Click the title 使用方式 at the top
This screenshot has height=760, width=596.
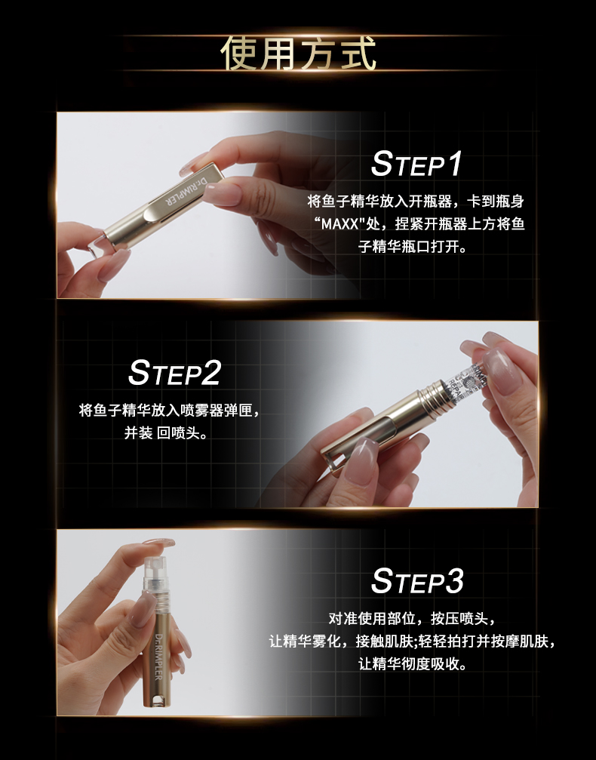pyautogui.click(x=299, y=53)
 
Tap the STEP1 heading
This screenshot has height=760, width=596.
pyautogui.click(x=416, y=163)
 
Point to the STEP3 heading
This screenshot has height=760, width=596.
pyautogui.click(x=417, y=580)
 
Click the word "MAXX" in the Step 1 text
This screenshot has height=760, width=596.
pyautogui.click(x=339, y=224)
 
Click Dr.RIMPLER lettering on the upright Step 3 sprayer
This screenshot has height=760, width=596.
pyautogui.click(x=159, y=657)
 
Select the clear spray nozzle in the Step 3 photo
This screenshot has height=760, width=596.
pyautogui.click(x=155, y=571)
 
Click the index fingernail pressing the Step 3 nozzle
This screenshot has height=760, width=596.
pyautogui.click(x=159, y=544)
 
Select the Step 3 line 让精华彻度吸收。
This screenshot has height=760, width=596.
pyautogui.click(x=413, y=663)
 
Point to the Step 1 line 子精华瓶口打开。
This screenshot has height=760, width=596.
pyautogui.click(x=413, y=246)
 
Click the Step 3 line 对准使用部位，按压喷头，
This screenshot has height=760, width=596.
pyautogui.click(x=413, y=618)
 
